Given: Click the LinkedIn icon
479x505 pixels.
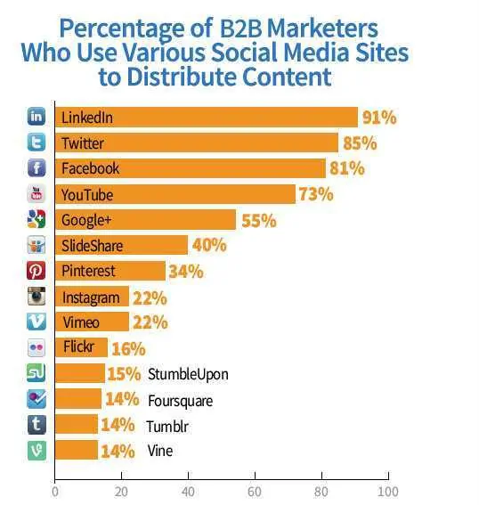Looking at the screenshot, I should click(37, 117).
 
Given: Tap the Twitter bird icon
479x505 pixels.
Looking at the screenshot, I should click(37, 143).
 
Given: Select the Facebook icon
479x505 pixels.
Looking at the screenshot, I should click(37, 168).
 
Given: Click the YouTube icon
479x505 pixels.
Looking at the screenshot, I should click(37, 194).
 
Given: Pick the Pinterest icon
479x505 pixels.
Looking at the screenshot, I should click(37, 271).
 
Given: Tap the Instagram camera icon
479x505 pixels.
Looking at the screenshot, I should click(37, 297).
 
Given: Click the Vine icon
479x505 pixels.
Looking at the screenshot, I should click(37, 451).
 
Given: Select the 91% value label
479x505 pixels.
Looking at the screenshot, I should click(378, 117).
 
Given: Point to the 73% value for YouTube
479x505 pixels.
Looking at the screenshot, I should click(316, 194).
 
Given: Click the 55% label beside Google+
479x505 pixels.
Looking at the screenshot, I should click(258, 220).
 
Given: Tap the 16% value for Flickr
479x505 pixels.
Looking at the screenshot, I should click(129, 348).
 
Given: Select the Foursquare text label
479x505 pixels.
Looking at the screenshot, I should click(180, 400).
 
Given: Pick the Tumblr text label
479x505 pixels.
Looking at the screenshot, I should click(166, 425).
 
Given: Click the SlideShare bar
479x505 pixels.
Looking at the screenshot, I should click(121, 245).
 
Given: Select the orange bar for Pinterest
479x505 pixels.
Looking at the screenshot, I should click(110, 271).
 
